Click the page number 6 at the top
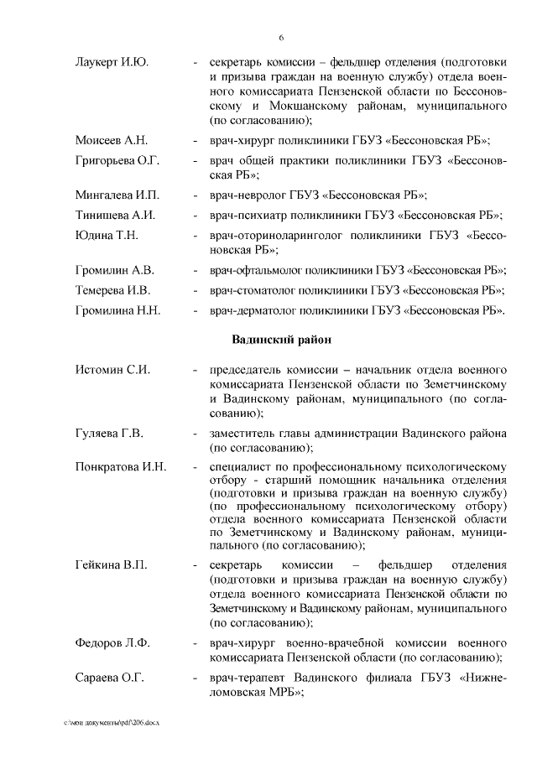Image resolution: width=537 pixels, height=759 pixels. [281, 37]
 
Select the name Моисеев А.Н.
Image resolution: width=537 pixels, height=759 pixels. [111, 140]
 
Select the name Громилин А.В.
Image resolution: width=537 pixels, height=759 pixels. [114, 270]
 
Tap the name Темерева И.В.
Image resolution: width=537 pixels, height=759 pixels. [113, 290]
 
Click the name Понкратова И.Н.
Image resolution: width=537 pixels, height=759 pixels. [121, 467]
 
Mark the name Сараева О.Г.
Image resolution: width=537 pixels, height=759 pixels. [109, 676]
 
